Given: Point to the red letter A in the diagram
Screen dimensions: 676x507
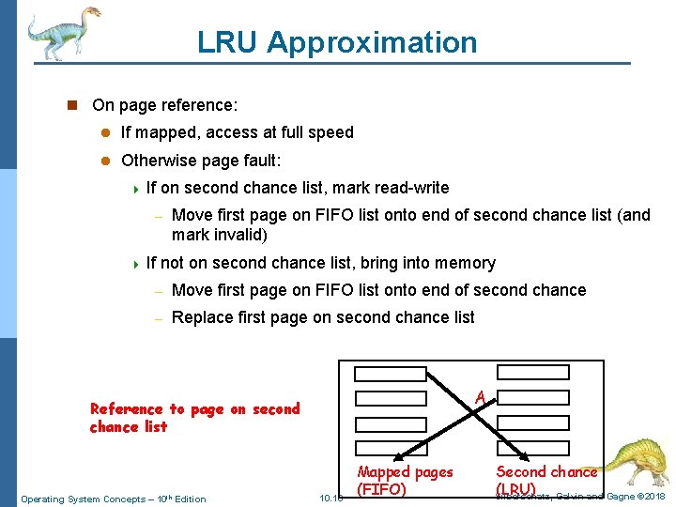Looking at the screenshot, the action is click(x=480, y=397).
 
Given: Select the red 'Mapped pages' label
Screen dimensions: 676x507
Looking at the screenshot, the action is click(x=405, y=472).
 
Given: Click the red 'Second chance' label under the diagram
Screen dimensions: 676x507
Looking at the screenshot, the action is click(x=546, y=472).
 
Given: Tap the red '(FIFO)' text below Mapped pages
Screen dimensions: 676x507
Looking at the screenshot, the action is click(x=382, y=489).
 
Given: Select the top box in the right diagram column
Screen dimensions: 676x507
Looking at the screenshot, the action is click(x=532, y=371).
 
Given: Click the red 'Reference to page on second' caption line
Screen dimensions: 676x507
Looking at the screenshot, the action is click(x=194, y=408).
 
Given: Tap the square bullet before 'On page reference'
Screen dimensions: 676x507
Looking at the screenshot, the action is click(x=70, y=104).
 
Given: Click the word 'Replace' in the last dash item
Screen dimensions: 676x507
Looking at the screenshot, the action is click(x=204, y=317).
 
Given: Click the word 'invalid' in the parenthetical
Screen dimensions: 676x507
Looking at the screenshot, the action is click(x=239, y=235).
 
